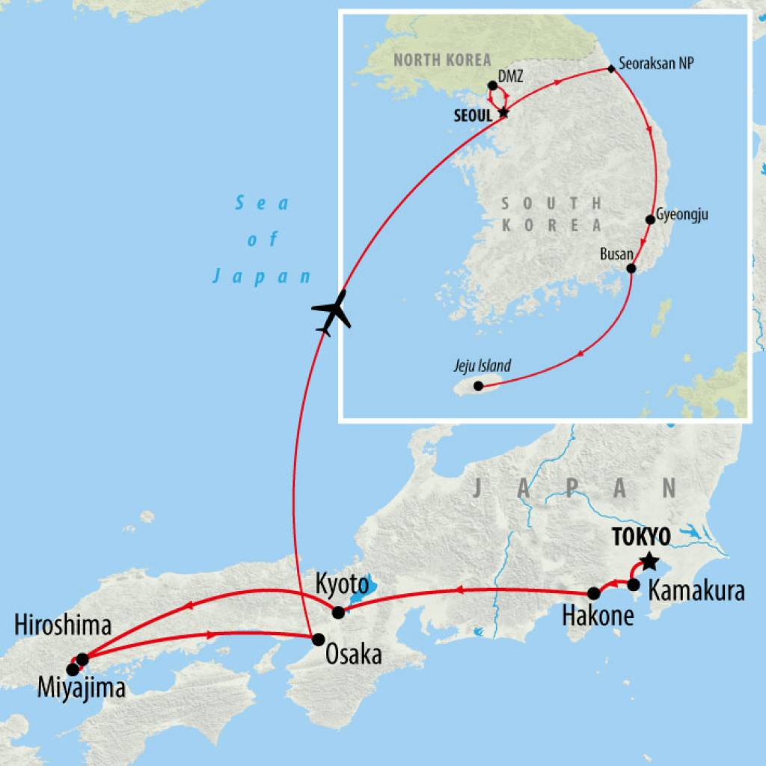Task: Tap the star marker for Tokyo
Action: click(x=649, y=560)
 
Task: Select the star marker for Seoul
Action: click(x=503, y=114)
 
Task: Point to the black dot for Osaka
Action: click(x=318, y=640)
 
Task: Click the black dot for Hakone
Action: click(x=594, y=593)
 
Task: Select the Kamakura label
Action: click(x=696, y=591)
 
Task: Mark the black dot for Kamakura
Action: click(x=634, y=585)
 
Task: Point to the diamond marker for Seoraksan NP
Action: click(x=611, y=70)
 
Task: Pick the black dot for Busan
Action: click(x=631, y=269)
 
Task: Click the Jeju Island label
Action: click(x=482, y=367)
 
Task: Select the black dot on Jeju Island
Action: click(x=479, y=386)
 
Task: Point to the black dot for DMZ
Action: click(x=492, y=85)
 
